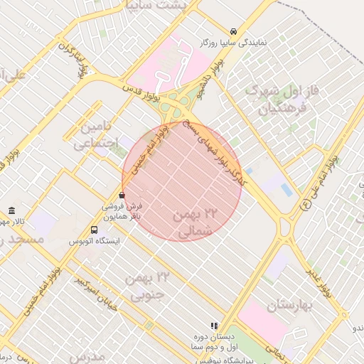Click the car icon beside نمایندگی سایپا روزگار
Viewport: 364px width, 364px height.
(234, 31)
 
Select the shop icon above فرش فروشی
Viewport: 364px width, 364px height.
(122, 195)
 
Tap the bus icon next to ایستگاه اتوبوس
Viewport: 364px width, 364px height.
(95, 230)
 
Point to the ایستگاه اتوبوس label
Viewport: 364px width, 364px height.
(95, 241)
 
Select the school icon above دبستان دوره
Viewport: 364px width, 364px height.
(215, 325)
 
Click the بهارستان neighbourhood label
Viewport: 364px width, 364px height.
(290, 306)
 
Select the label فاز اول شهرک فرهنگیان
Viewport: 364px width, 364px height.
(276, 100)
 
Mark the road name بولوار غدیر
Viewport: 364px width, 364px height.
(318, 280)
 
